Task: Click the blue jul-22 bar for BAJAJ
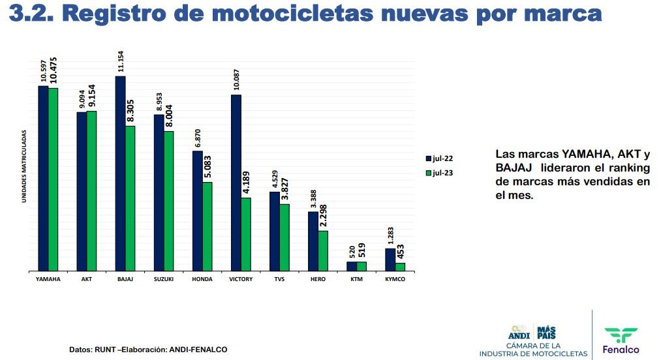[x=120, y=173]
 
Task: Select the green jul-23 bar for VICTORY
[x=246, y=233]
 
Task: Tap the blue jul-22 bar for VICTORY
[x=236, y=183]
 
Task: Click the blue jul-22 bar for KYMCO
[x=390, y=259]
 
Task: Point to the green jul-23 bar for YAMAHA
[x=53, y=179]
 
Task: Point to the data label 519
[x=362, y=252]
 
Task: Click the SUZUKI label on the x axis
[x=164, y=279]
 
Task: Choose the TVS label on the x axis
[x=279, y=279]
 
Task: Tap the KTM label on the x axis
[x=356, y=279]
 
